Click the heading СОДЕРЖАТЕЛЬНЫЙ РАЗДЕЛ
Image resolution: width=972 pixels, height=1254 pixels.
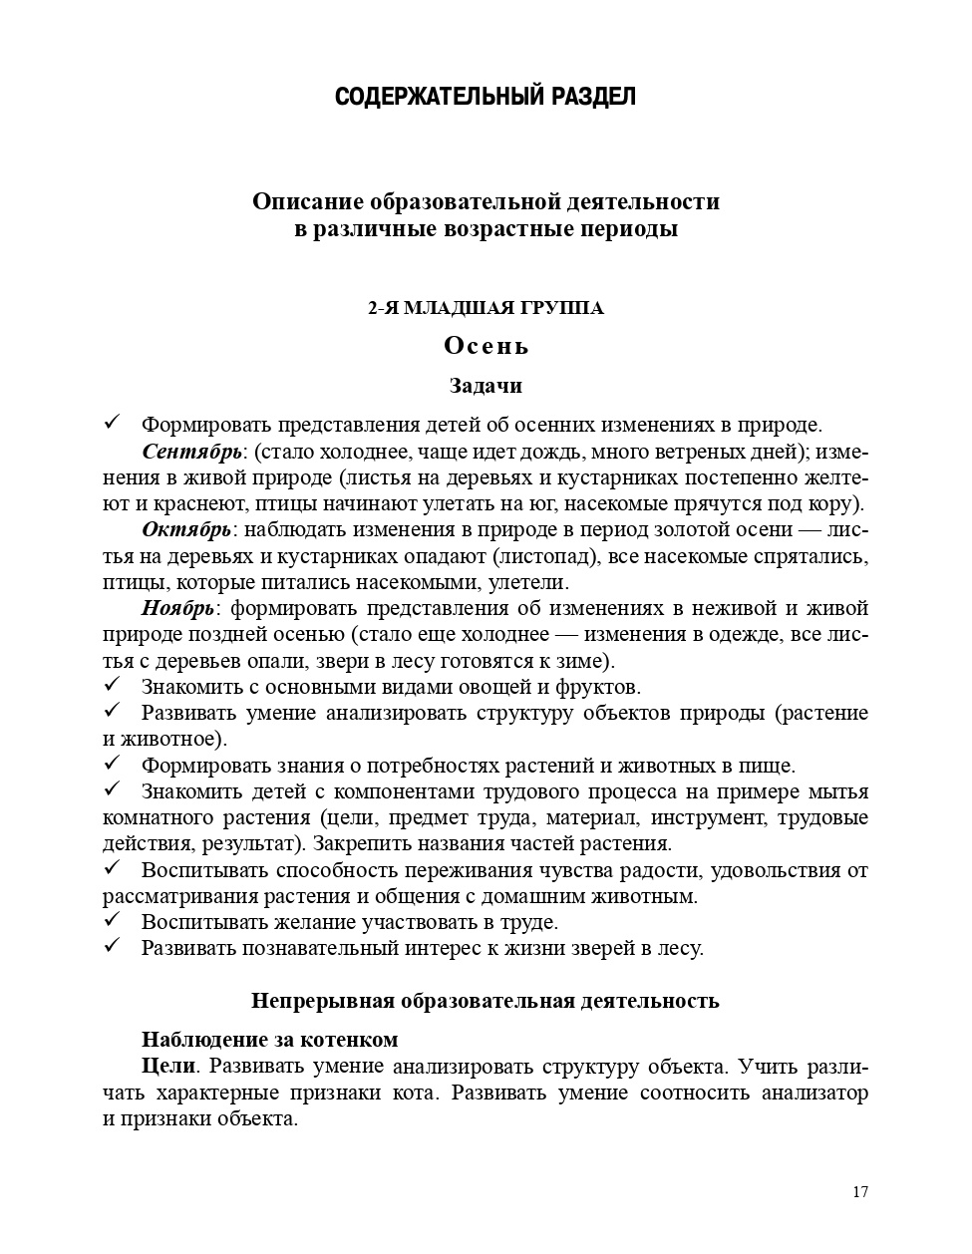pyautogui.click(x=486, y=97)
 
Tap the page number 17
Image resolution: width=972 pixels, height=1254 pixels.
pyautogui.click(x=861, y=1192)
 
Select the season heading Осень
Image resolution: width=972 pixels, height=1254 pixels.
pyautogui.click(x=486, y=346)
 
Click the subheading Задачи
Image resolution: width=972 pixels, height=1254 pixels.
pyautogui.click(x=486, y=385)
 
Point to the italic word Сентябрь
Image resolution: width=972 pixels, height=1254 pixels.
pyautogui.click(x=191, y=452)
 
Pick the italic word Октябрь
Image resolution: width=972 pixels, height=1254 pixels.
pyautogui.click(x=187, y=529)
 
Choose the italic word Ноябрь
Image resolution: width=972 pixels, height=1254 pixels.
pyautogui.click(x=178, y=608)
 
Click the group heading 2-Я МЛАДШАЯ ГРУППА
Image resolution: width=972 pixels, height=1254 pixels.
pyautogui.click(x=486, y=308)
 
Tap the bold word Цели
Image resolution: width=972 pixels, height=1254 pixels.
pyautogui.click(x=167, y=1066)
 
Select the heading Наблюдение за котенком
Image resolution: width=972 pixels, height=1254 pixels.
pyautogui.click(x=269, y=1040)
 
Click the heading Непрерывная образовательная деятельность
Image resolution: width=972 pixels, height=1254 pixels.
pyautogui.click(x=486, y=1000)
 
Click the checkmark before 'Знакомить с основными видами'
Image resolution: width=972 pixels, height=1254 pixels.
pyautogui.click(x=112, y=685)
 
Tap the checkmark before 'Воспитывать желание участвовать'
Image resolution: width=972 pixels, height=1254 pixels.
pyautogui.click(x=112, y=921)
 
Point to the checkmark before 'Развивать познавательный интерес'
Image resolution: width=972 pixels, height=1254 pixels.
pyautogui.click(x=112, y=947)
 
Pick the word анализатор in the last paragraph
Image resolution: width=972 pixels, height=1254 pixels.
pyautogui.click(x=809, y=1093)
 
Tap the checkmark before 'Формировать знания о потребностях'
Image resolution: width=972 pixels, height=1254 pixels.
pyautogui.click(x=112, y=765)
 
